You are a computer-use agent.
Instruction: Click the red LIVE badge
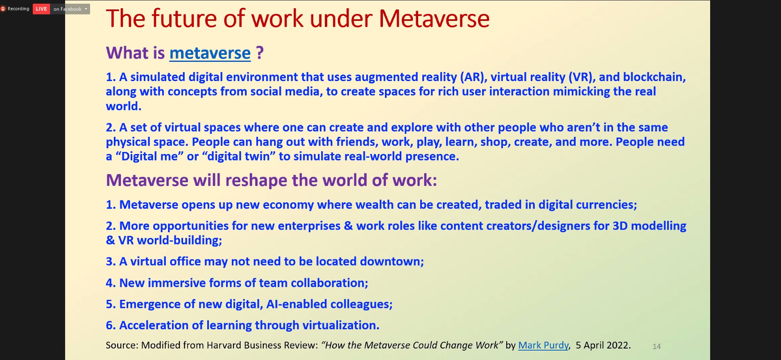(x=41, y=9)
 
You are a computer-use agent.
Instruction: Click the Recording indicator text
(x=18, y=9)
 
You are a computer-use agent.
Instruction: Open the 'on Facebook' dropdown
(x=70, y=9)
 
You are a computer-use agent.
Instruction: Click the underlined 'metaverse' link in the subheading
(x=210, y=53)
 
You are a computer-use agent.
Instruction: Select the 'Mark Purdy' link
(x=543, y=345)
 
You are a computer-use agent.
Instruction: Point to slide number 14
(x=656, y=346)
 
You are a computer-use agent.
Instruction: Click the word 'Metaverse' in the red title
(x=434, y=19)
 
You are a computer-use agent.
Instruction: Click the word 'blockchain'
(x=654, y=77)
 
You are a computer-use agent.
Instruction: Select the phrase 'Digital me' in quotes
(x=149, y=156)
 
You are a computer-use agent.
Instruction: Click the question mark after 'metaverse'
(x=260, y=53)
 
